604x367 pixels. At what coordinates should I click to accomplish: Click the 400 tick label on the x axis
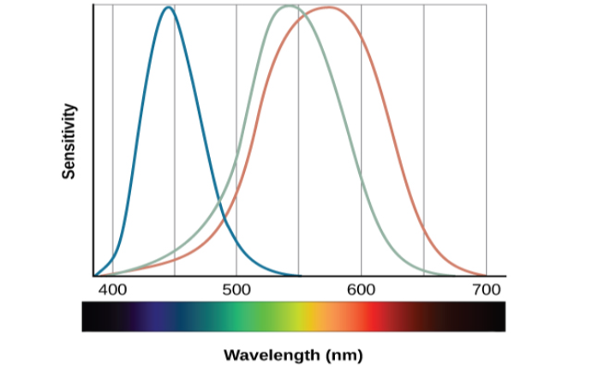(113, 289)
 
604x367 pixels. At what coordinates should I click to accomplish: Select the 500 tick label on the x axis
(236, 289)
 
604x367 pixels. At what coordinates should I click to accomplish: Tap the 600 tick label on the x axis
(361, 289)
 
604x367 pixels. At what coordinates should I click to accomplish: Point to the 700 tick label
(486, 289)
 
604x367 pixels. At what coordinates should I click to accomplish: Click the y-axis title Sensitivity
(70, 141)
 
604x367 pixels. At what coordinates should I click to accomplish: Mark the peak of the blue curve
(169, 8)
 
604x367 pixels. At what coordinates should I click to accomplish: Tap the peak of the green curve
(290, 6)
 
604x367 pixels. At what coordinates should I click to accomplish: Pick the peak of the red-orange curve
(328, 8)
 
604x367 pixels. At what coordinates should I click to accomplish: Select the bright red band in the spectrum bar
(370, 316)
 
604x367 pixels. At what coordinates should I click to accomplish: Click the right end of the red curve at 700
(485, 275)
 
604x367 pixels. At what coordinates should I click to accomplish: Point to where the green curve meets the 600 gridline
(361, 181)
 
